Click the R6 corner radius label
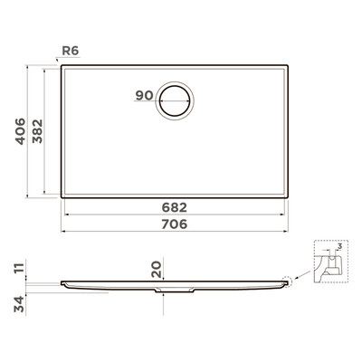[71, 51]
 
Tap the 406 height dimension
[21, 131]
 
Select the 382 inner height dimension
[38, 131]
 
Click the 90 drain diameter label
[145, 95]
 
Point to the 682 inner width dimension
[175, 207]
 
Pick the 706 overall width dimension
[175, 224]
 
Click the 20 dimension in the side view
[157, 270]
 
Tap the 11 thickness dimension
[19, 268]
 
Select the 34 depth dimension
[19, 304]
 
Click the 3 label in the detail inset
[339, 246]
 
